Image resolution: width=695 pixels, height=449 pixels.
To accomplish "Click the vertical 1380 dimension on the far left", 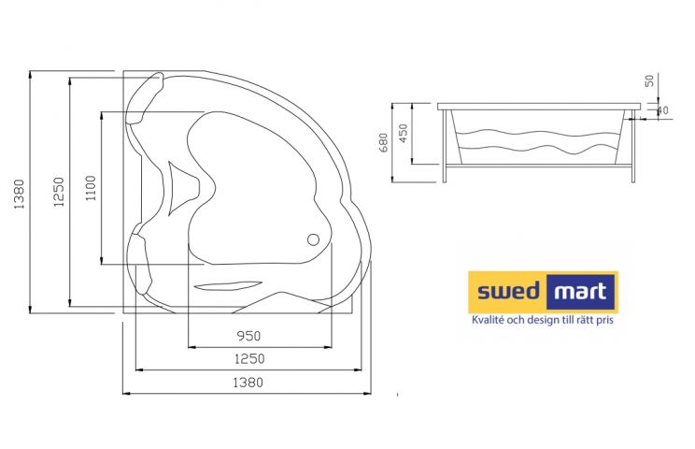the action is coord(19,194).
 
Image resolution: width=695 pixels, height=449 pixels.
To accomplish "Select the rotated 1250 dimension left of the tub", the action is coord(59,192).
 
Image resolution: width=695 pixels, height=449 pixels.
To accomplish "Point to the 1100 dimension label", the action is coord(91,188).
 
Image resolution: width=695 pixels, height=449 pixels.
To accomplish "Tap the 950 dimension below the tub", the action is coord(248,336).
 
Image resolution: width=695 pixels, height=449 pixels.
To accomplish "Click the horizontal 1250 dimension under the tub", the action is coord(249,358).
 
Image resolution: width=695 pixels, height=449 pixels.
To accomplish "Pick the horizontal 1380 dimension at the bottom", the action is coord(248,382).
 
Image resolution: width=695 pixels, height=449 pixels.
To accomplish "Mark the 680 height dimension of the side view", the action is coord(384,142).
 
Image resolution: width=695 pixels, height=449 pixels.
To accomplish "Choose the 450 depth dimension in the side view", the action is coord(404,133).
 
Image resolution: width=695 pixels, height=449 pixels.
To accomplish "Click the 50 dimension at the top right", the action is coord(649,80).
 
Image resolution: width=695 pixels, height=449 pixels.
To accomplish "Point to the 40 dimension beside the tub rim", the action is coord(662,110).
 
